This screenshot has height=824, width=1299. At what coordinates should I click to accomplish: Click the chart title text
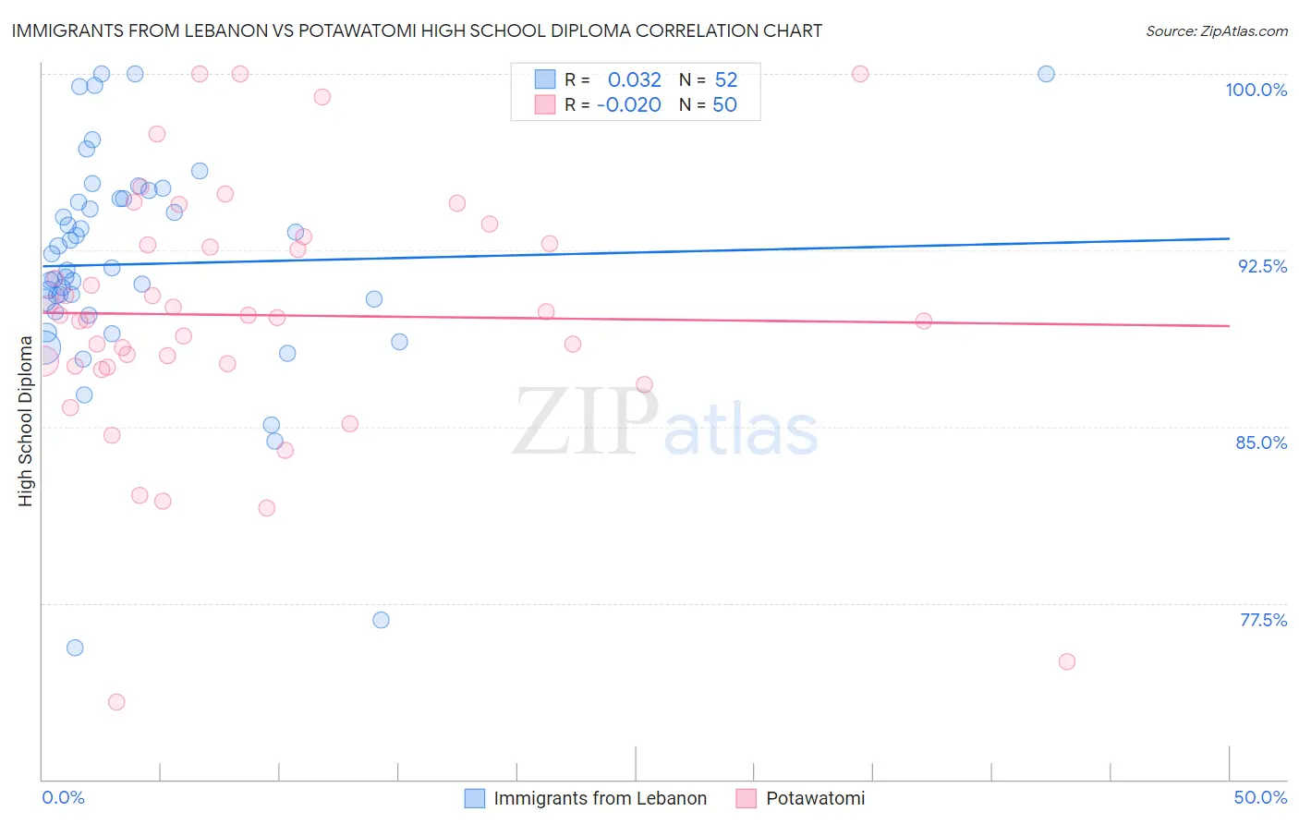pyautogui.click(x=417, y=30)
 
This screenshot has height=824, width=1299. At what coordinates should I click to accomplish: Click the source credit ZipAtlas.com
pyautogui.click(x=1216, y=30)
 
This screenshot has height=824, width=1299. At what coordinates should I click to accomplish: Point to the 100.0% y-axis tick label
pyautogui.click(x=1256, y=90)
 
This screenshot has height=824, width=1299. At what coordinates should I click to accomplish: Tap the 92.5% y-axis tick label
pyautogui.click(x=1262, y=266)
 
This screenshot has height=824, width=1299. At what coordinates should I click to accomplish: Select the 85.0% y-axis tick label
pyautogui.click(x=1261, y=442)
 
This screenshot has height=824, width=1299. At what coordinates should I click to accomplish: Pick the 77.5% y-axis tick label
pyautogui.click(x=1263, y=620)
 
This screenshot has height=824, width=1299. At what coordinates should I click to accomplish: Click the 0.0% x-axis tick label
pyautogui.click(x=63, y=797)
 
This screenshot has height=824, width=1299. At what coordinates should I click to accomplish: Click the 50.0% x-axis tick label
pyautogui.click(x=1260, y=797)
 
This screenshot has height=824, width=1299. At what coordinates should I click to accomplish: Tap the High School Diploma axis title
pyautogui.click(x=26, y=421)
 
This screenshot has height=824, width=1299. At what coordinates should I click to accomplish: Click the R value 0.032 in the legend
pyautogui.click(x=634, y=80)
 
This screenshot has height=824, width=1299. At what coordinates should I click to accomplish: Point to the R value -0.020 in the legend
pyautogui.click(x=628, y=105)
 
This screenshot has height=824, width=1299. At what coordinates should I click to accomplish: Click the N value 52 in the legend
pyautogui.click(x=726, y=80)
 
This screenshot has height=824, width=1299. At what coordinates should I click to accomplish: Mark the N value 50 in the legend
pyautogui.click(x=724, y=105)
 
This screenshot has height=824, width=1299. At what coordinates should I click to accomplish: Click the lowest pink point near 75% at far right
pyautogui.click(x=1066, y=661)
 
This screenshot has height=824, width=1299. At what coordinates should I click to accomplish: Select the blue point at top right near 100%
pyautogui.click(x=1046, y=74)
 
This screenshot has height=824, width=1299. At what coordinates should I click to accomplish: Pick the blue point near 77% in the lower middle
pyautogui.click(x=381, y=620)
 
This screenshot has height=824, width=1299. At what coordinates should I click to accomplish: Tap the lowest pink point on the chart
pyautogui.click(x=116, y=702)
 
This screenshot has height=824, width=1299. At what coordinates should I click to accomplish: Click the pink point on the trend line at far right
pyautogui.click(x=924, y=321)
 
